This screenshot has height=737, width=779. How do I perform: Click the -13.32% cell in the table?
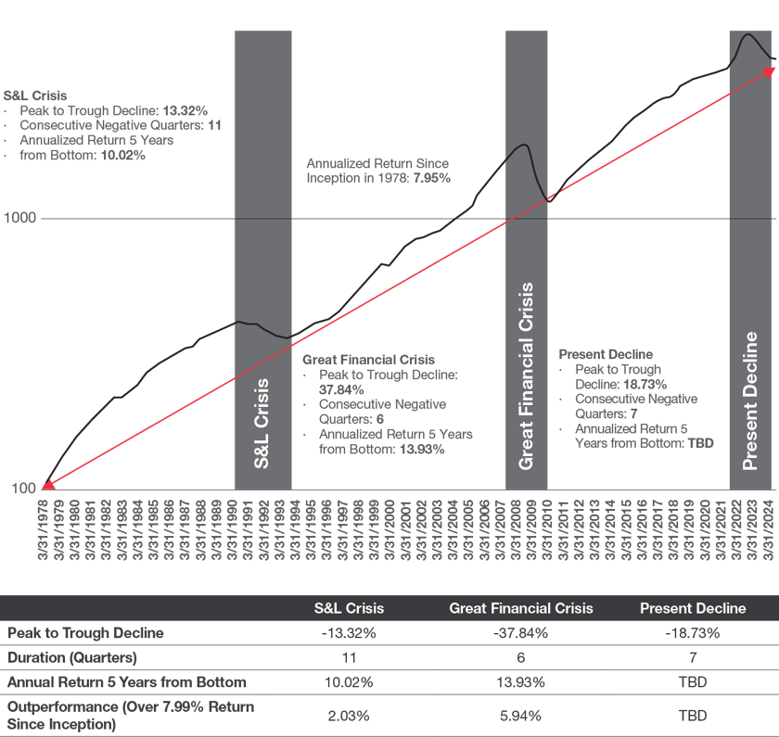tap(347, 633)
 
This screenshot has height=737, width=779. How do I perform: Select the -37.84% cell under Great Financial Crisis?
tap(521, 633)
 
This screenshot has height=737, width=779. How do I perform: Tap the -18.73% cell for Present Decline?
tap(693, 633)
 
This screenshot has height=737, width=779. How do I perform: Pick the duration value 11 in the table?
tap(347, 657)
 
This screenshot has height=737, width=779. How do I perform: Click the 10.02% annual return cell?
tap(347, 682)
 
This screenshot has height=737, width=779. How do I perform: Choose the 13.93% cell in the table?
tap(521, 682)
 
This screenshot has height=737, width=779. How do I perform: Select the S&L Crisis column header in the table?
tap(349, 609)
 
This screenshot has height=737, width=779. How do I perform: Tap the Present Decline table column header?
tap(693, 609)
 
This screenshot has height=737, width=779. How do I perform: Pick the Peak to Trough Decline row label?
tap(85, 633)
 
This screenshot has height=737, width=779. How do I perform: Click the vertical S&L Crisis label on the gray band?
tap(262, 423)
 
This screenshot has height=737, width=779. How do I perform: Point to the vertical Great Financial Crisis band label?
tap(527, 376)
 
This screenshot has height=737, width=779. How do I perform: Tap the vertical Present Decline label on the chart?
tap(751, 395)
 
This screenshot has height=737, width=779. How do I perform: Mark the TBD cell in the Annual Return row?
tap(693, 682)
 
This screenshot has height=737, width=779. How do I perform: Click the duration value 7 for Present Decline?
tap(693, 657)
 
